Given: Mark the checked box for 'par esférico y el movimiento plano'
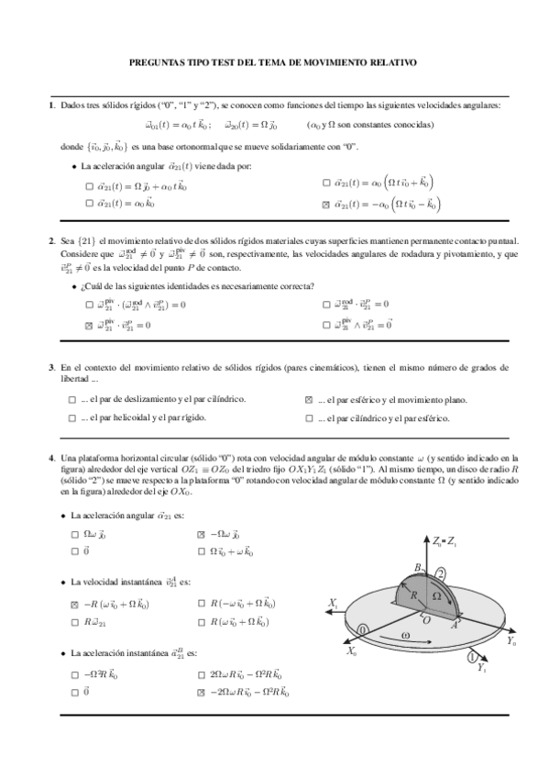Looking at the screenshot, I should point(309,401).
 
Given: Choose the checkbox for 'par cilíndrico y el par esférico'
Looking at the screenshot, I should point(309,417).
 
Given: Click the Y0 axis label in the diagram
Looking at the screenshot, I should point(511,643).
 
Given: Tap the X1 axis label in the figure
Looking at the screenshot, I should point(332,603).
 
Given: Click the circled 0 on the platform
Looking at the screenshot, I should point(364,629).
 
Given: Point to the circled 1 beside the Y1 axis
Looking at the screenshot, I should point(472,657).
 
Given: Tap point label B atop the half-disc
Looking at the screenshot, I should point(417,568).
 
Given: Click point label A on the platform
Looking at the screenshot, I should point(456,625).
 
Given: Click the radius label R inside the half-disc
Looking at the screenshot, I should point(414,595).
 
